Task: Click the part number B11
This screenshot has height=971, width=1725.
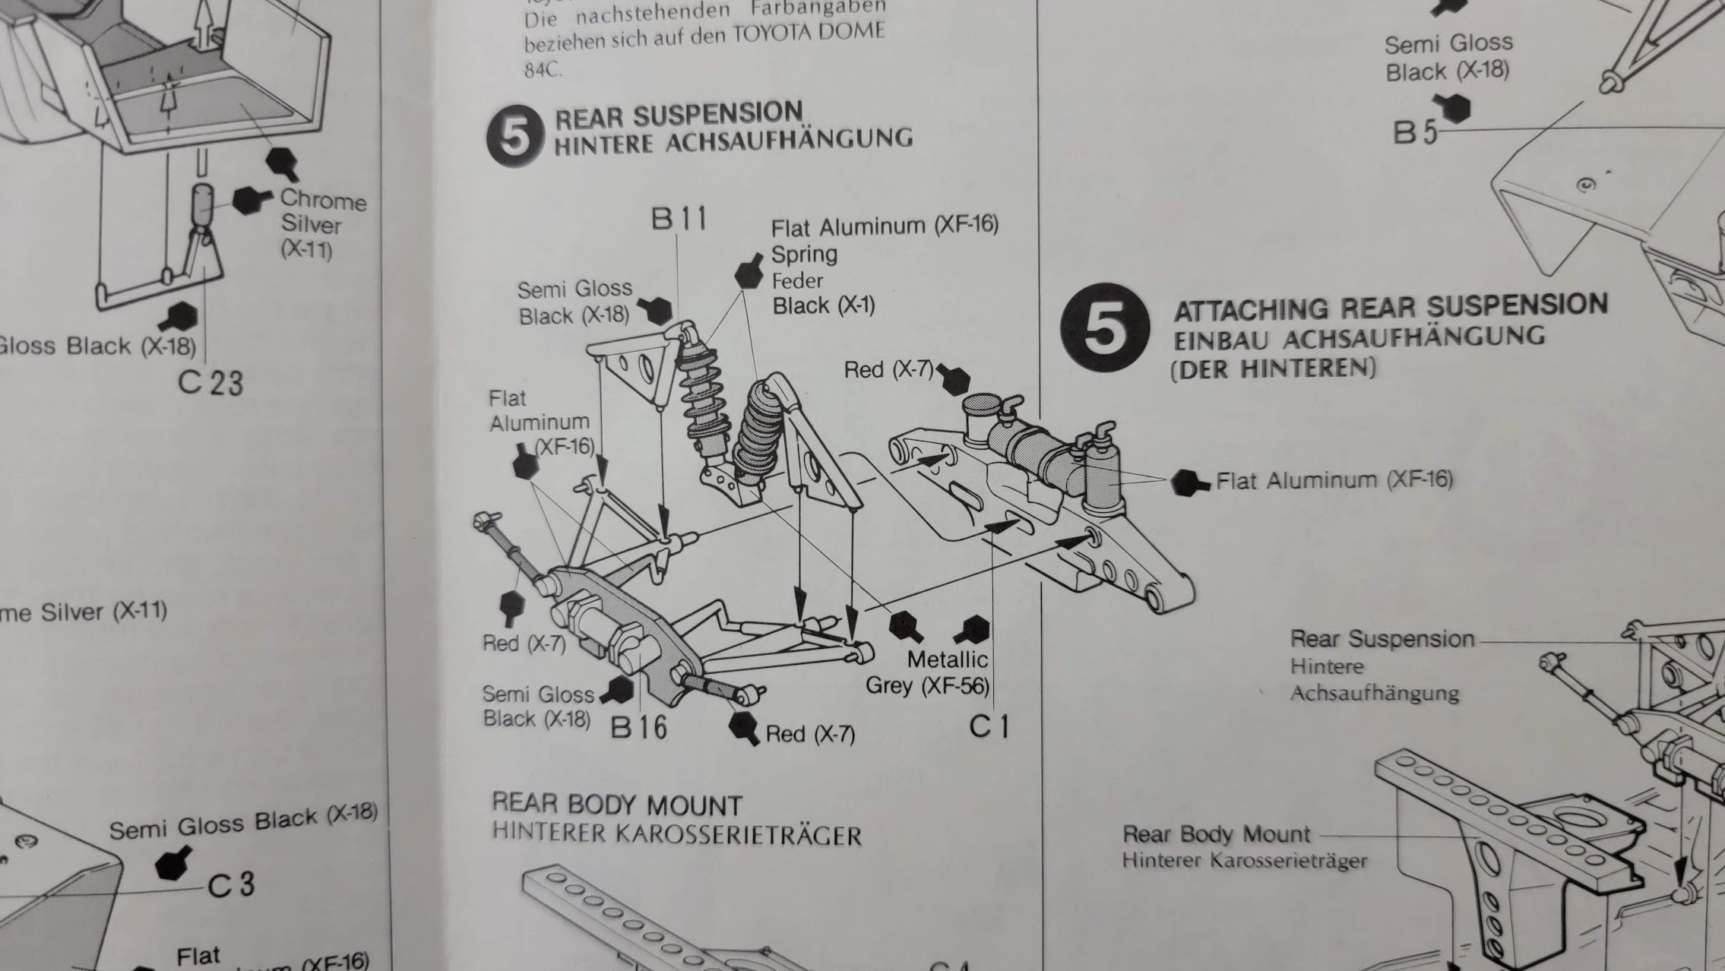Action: (x=679, y=219)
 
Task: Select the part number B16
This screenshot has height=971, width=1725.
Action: (x=638, y=727)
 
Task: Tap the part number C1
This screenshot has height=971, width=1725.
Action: (x=989, y=726)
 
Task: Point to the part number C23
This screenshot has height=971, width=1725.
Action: (x=210, y=382)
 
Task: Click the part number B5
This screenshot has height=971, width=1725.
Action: (x=1414, y=133)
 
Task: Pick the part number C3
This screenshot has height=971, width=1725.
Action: (x=232, y=885)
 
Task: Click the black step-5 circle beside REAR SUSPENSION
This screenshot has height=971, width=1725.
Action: (x=516, y=136)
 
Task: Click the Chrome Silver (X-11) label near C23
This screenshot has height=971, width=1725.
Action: (x=322, y=223)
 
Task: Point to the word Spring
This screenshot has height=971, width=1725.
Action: (x=804, y=254)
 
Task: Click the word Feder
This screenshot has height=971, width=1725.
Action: (x=797, y=281)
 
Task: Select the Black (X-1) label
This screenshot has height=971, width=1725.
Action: (x=824, y=306)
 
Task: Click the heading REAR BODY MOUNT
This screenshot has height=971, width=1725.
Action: (x=616, y=805)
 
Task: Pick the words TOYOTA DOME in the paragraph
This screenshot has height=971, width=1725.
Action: (x=809, y=33)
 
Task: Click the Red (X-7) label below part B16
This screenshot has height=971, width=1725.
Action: (x=809, y=734)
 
